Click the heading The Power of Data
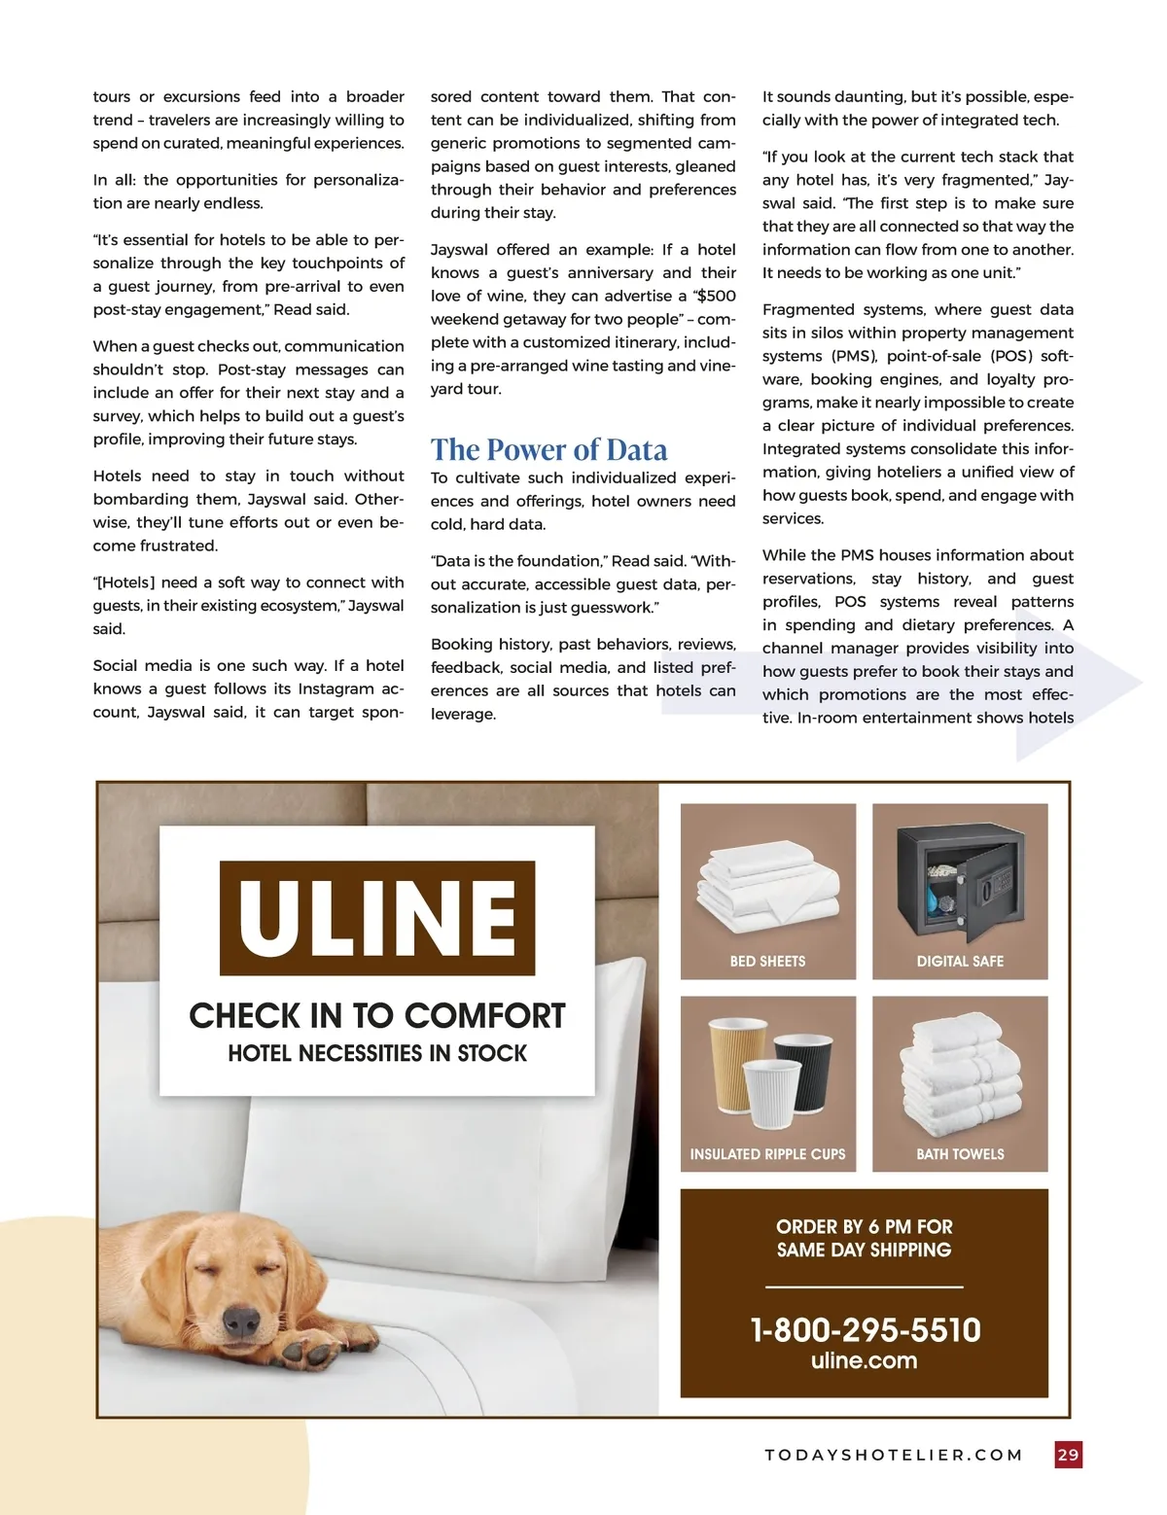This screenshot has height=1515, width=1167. pos(548,449)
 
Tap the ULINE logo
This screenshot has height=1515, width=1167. pos(377,917)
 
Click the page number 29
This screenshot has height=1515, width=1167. pos(1068,1455)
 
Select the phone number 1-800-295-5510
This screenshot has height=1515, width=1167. pos(865,1329)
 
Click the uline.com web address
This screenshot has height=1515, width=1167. pos(864,1360)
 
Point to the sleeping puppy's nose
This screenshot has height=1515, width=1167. pos(241,1319)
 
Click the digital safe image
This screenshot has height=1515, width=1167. pos(960,880)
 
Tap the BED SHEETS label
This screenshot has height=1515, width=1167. pos(767,961)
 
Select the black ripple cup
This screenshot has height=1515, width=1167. pos(804,1072)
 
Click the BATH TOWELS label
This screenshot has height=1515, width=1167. pos(960,1154)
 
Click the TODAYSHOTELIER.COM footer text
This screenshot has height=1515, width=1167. pos(894,1455)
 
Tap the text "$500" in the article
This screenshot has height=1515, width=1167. pos(716,296)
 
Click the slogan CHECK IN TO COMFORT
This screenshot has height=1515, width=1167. pos(377,1015)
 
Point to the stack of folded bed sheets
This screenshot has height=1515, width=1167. pos(766,883)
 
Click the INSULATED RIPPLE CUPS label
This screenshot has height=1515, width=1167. pos(767,1154)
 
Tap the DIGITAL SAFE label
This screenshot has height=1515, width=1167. pos(960,961)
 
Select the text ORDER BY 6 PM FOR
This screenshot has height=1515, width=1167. pos(864,1226)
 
